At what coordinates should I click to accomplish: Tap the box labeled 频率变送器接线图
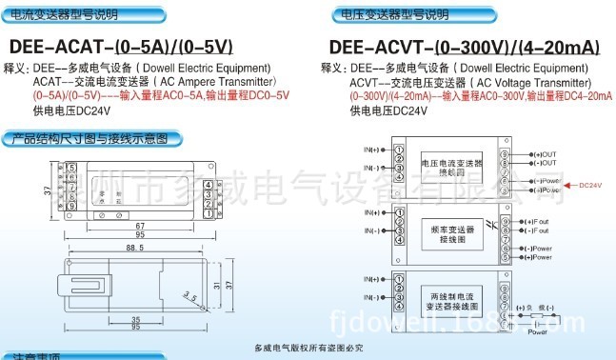click(452, 234)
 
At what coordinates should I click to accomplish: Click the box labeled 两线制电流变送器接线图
click(452, 303)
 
